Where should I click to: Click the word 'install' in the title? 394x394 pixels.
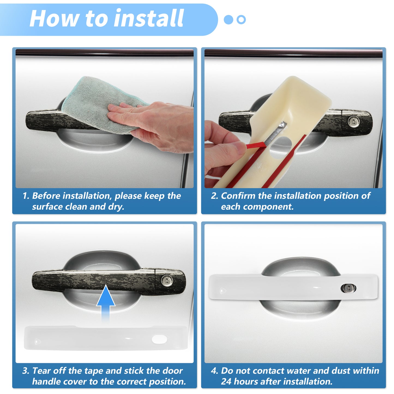pos(149,18)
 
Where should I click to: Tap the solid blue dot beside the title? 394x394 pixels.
pos(228,20)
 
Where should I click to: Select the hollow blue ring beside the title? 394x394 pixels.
pos(241,20)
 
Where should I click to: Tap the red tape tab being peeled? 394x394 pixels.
pos(255,146)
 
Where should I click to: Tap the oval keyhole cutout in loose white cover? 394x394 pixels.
pos(160,339)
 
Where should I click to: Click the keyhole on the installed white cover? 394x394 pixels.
pos(348,288)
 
